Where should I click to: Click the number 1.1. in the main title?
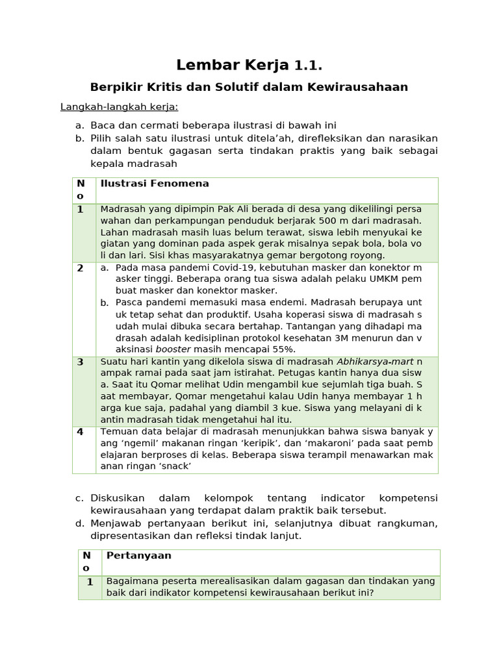pyautogui.click(x=308, y=66)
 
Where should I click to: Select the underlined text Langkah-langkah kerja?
pyautogui.click(x=119, y=107)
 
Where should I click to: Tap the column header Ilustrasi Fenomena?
pyautogui.click(x=154, y=184)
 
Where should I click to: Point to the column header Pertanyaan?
pyautogui.click(x=138, y=556)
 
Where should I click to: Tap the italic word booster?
pyautogui.click(x=173, y=349)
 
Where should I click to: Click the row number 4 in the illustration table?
pyautogui.click(x=81, y=432)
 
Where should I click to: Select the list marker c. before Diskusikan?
pyautogui.click(x=79, y=498)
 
